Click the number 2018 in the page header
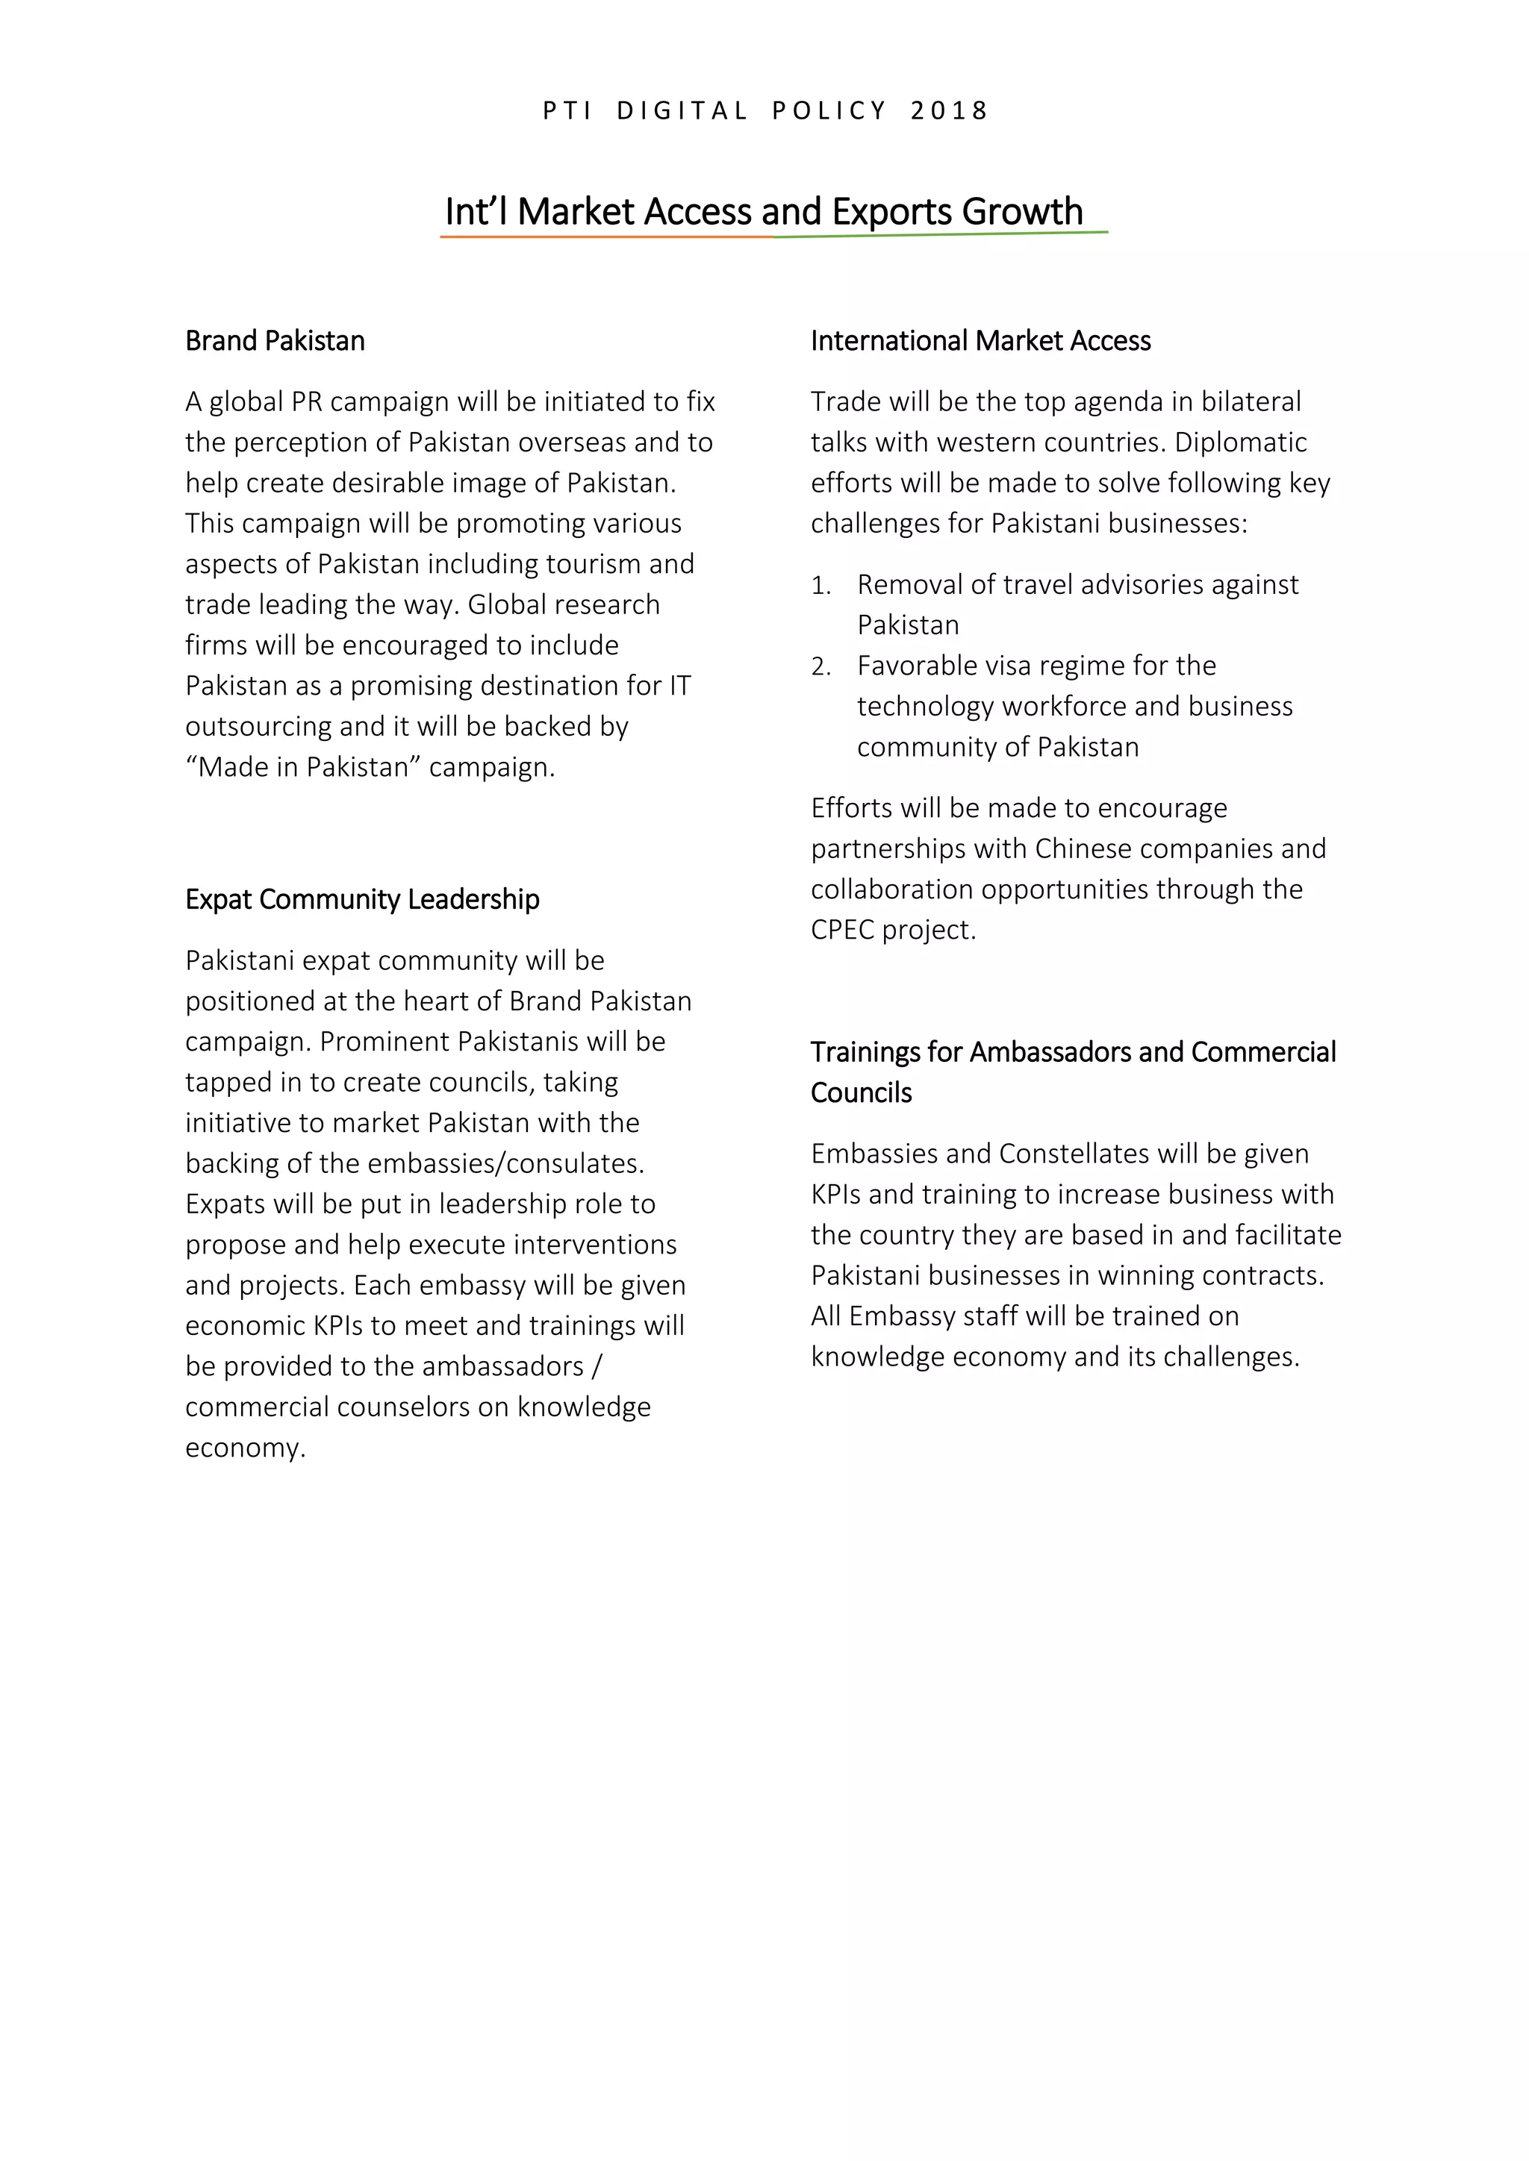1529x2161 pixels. tap(949, 111)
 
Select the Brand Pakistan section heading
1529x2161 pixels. tap(275, 341)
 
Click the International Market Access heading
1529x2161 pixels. tap(980, 341)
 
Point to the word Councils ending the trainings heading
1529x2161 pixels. tap(861, 1092)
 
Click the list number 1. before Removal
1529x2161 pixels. tap(821, 586)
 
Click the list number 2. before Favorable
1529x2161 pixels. tap(821, 666)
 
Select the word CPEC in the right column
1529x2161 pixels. tap(841, 930)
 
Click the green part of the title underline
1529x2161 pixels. tap(941, 234)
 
